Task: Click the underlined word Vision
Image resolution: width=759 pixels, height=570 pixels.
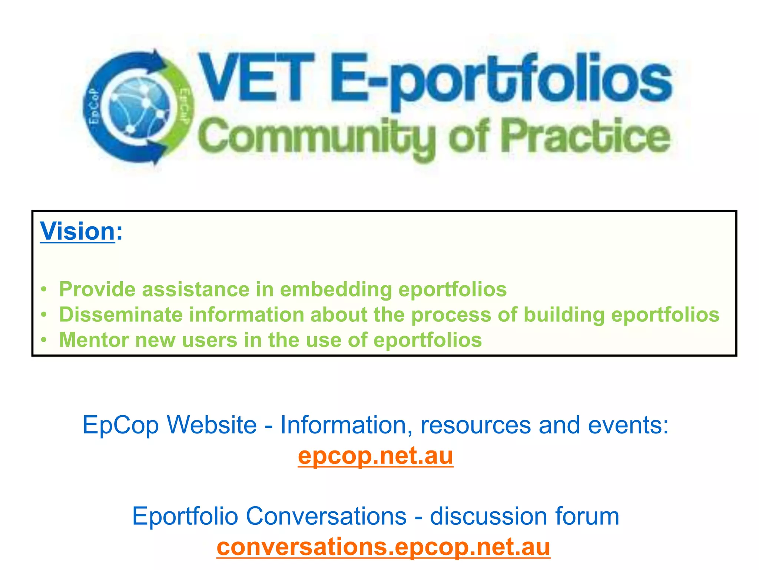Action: tap(77, 231)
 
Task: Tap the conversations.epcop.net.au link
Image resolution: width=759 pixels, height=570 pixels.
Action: tap(383, 547)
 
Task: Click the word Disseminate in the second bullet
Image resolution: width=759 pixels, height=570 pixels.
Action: tap(121, 315)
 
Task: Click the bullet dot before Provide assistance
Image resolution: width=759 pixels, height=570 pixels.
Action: tap(44, 289)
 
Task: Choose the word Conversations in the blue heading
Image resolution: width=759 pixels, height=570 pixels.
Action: tap(326, 516)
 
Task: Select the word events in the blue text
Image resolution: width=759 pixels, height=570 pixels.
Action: tap(628, 425)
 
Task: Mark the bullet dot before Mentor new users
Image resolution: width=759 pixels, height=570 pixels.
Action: tap(44, 340)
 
